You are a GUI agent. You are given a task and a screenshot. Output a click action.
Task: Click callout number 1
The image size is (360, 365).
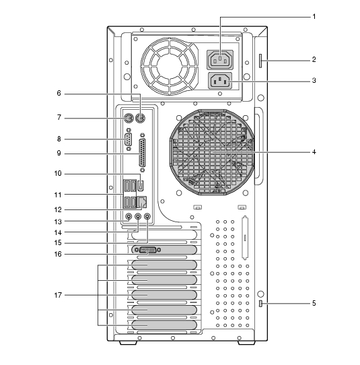[314, 17]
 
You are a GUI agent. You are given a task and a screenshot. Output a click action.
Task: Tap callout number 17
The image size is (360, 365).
[58, 295]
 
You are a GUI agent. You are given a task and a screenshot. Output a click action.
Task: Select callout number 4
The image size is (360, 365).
[314, 152]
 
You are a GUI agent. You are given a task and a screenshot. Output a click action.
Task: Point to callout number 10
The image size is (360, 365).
[58, 174]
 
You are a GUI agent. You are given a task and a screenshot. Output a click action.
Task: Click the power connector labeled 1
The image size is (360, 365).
[220, 60]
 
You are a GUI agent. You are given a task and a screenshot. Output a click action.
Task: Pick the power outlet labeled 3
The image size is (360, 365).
[220, 81]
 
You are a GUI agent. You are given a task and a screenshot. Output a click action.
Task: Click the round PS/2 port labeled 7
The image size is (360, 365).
[128, 119]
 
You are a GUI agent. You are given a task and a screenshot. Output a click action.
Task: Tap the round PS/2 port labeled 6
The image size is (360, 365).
[141, 119]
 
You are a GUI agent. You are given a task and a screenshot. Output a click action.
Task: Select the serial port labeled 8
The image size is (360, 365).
[128, 139]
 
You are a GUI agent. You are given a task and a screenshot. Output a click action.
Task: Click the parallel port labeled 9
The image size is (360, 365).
[143, 153]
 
